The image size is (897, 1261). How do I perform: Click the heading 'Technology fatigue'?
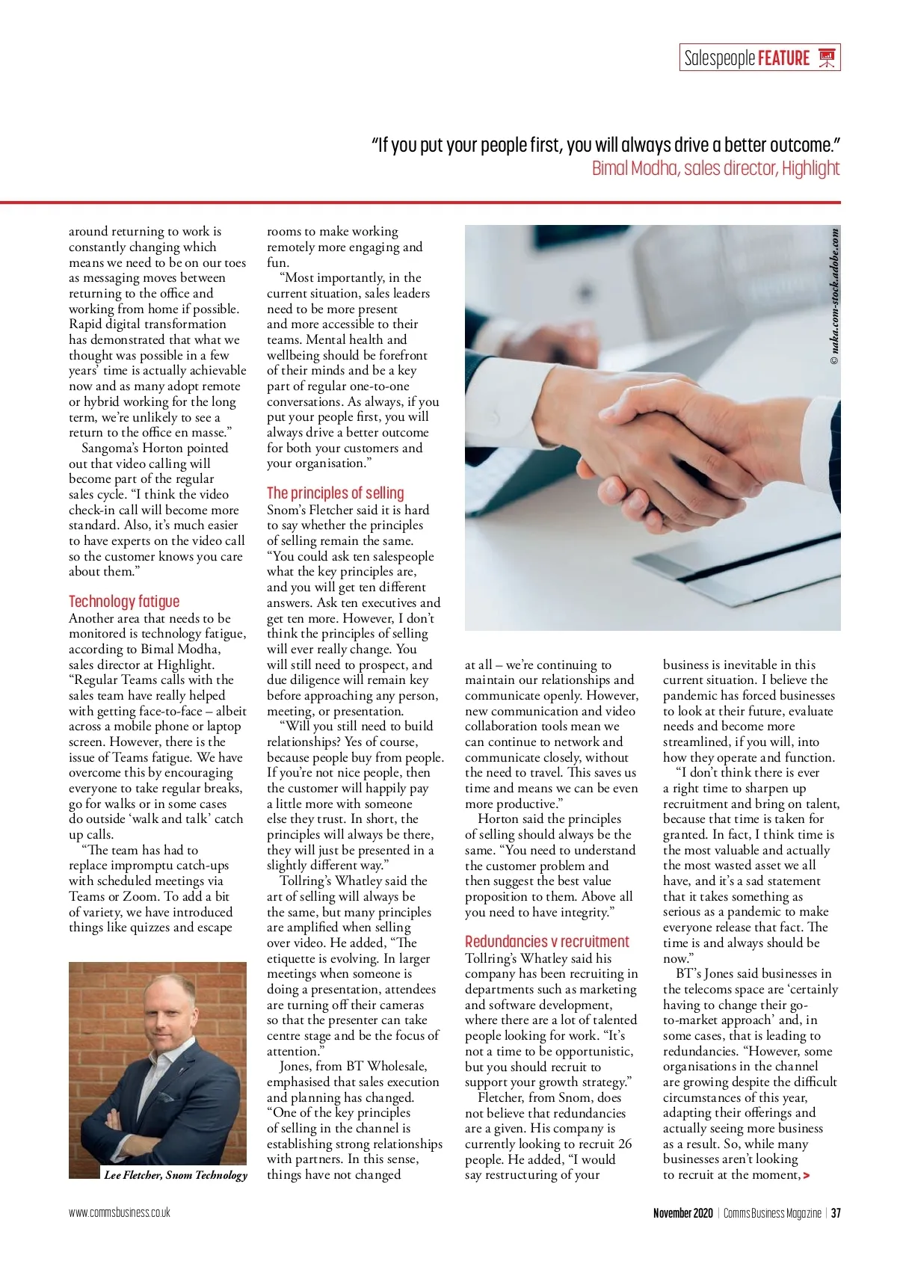pyautogui.click(x=124, y=601)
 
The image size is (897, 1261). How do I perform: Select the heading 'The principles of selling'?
pyautogui.click(x=335, y=493)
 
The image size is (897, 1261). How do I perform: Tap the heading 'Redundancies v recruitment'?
pyautogui.click(x=546, y=941)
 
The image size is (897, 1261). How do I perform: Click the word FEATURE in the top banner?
pyautogui.click(x=783, y=58)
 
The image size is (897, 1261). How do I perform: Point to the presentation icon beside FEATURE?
pyautogui.click(x=826, y=58)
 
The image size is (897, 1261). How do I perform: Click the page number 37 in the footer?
pyautogui.click(x=836, y=1212)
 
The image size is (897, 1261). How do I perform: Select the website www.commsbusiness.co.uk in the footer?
pyautogui.click(x=120, y=1212)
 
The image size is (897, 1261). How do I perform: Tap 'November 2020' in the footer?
pyautogui.click(x=682, y=1212)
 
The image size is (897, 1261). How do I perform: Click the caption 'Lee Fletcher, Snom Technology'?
pyautogui.click(x=176, y=1174)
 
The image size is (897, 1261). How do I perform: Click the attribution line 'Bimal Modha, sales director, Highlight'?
pyautogui.click(x=715, y=168)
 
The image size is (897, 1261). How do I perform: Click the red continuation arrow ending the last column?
pyautogui.click(x=806, y=1176)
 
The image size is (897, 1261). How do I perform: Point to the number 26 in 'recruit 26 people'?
pyautogui.click(x=625, y=1144)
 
